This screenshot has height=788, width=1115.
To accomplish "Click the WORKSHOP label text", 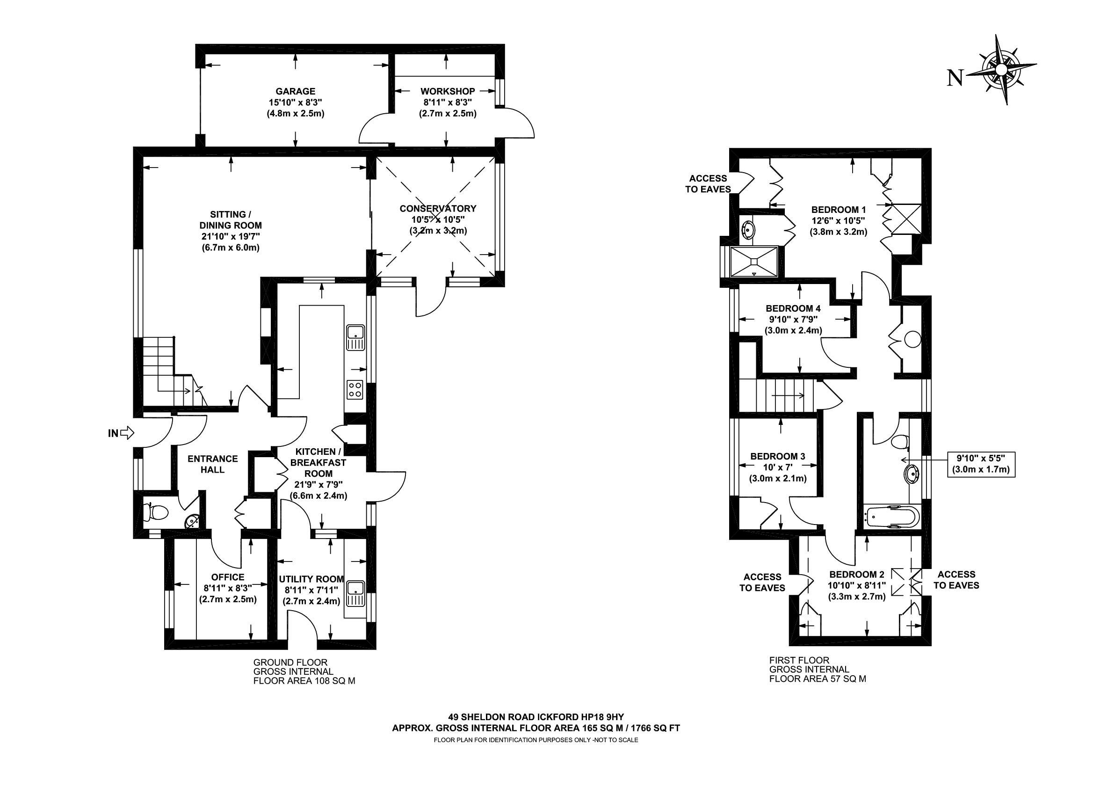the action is (x=447, y=91).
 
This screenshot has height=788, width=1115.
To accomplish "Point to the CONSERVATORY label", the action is (x=438, y=208).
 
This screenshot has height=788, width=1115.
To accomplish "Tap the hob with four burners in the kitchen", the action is (x=355, y=389).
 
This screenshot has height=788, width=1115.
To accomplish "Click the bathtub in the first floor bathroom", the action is (x=891, y=516).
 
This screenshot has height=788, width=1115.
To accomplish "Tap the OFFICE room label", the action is (x=228, y=577).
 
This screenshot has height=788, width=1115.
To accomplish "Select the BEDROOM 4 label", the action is (x=793, y=308).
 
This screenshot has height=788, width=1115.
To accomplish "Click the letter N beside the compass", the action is (x=955, y=77).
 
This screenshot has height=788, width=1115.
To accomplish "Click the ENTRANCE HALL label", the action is (x=213, y=464).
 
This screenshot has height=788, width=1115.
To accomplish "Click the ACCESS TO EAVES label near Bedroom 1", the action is (x=708, y=183).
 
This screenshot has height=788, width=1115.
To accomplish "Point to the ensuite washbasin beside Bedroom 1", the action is (x=749, y=228).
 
